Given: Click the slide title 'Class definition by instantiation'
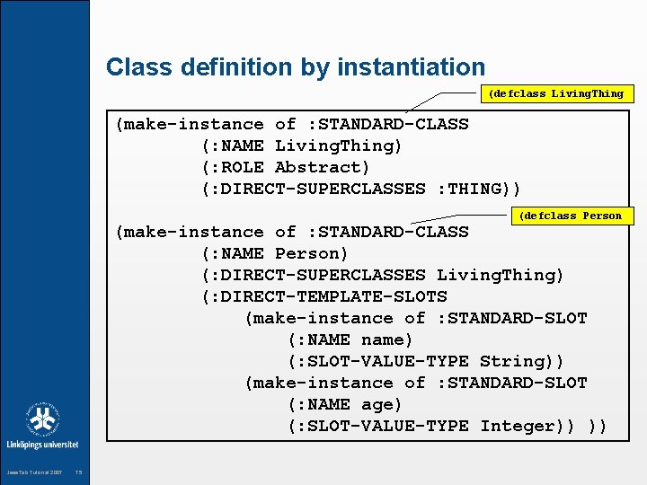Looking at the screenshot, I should [x=295, y=67].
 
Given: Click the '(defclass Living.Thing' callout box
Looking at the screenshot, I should [x=555, y=93].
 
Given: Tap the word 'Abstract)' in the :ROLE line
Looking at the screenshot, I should [x=322, y=167].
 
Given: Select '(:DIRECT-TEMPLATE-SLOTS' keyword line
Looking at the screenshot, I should [x=324, y=296].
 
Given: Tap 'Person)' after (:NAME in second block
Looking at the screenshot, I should [x=311, y=253].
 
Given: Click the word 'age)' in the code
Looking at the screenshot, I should [x=382, y=404].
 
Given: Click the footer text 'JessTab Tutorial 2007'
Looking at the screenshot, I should [x=35, y=472].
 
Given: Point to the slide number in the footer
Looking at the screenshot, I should [x=79, y=472].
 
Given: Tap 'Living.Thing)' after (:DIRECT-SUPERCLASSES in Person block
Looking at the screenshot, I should [x=500, y=275].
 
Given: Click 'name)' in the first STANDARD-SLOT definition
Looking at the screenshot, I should [x=386, y=339].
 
